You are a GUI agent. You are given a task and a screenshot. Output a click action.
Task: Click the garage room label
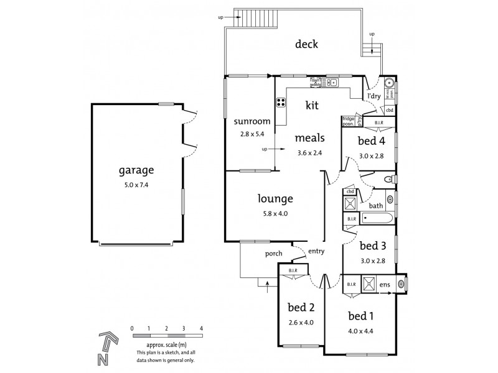tap(137, 170)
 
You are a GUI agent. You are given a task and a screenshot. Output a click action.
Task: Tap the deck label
tap(307, 44)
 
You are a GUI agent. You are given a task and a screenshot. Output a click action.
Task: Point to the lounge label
tap(275, 199)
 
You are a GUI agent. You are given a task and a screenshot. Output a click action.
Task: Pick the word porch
tap(273, 253)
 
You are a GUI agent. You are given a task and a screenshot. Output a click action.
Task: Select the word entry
tap(317, 251)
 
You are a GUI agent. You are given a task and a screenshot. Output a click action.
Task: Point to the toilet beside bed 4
tap(388, 180)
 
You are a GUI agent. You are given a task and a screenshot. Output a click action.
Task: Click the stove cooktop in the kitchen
tap(280, 103)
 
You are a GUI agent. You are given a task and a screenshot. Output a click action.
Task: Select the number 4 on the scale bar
tap(202, 328)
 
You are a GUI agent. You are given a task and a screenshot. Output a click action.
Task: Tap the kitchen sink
tap(334, 81)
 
